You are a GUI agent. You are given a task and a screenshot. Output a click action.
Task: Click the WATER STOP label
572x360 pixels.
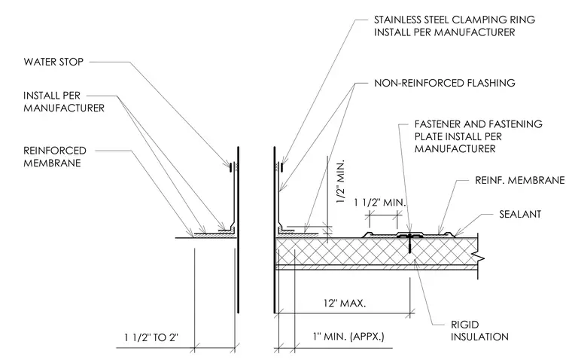pyautogui.click(x=53, y=62)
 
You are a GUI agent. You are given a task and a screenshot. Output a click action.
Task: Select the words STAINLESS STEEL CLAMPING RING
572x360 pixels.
pyautogui.click(x=455, y=20)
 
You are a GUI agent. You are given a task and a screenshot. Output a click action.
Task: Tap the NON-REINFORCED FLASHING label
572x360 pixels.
pyautogui.click(x=445, y=83)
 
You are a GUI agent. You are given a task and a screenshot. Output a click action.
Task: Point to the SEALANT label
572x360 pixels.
pyautogui.click(x=520, y=214)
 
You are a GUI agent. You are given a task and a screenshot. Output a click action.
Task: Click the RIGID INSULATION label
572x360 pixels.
pyautogui.click(x=479, y=331)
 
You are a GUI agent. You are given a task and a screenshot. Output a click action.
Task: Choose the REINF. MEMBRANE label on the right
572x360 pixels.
pyautogui.click(x=520, y=180)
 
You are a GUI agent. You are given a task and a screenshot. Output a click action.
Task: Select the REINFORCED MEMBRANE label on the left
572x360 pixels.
pyautogui.click(x=55, y=157)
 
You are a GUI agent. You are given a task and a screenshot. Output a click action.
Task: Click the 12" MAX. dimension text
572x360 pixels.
pyautogui.click(x=345, y=303)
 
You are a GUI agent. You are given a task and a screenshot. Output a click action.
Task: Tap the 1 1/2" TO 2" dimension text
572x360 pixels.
pyautogui.click(x=151, y=337)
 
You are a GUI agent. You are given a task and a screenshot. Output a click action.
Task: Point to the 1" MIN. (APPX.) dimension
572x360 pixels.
pyautogui.click(x=348, y=336)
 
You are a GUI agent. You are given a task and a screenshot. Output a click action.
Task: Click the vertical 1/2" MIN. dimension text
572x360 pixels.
pyautogui.click(x=340, y=182)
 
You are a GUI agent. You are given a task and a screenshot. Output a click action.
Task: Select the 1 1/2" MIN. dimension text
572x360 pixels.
pyautogui.click(x=380, y=203)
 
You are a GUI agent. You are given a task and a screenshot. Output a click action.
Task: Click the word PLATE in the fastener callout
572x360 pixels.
pyautogui.click(x=427, y=136)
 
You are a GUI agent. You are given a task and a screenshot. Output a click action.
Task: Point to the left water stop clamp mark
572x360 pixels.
pyautogui.click(x=230, y=167)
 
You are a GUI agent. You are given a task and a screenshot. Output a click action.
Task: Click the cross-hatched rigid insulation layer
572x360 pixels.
pyautogui.click(x=376, y=252)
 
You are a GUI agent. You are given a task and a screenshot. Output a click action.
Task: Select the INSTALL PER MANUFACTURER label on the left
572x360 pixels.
pyautogui.click(x=64, y=102)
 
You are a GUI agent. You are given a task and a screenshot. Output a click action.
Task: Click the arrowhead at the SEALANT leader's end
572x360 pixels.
pyautogui.click(x=455, y=234)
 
